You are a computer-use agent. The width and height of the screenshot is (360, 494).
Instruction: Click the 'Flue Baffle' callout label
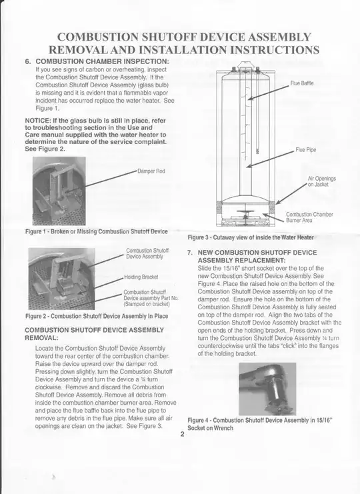(302, 84)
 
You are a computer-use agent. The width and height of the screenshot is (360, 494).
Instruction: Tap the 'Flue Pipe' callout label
(305, 150)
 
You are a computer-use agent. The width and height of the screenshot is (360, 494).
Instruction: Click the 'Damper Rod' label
(151, 171)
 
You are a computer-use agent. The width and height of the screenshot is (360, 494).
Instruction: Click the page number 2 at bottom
(182, 433)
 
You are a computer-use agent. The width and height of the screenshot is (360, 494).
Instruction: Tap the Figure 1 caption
(96, 231)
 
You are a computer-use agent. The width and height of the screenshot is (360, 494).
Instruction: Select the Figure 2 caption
(96, 316)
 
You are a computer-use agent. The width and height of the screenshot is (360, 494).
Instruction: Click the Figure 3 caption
(250, 237)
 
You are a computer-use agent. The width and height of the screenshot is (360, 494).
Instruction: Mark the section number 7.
(191, 253)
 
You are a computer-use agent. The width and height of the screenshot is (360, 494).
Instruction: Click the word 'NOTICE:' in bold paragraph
(37, 120)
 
